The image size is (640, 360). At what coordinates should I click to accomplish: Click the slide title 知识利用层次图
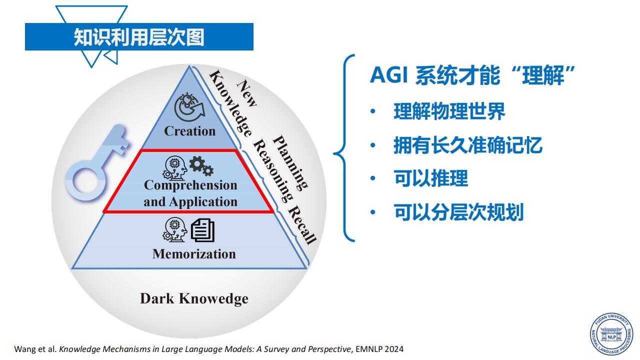click(x=139, y=37)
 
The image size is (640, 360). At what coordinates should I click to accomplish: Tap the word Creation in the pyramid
click(x=189, y=131)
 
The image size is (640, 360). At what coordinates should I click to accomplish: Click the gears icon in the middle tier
click(x=201, y=165)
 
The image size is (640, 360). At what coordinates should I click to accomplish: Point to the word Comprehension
click(x=190, y=185)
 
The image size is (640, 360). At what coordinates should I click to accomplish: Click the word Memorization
click(x=194, y=254)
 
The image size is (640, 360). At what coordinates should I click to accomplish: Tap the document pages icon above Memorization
click(x=202, y=230)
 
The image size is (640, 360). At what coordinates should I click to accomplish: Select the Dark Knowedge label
click(x=194, y=299)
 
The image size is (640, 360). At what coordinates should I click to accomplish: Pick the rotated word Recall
click(x=302, y=225)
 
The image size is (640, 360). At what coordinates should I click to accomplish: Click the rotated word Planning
click(x=290, y=162)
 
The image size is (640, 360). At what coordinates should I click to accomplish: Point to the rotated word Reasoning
click(x=273, y=171)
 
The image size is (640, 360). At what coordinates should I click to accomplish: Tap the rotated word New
click(x=247, y=93)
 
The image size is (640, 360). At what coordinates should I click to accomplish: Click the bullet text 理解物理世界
click(x=449, y=111)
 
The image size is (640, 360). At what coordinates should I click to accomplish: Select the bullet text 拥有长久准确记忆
click(x=468, y=145)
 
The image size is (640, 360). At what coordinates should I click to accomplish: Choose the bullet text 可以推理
click(x=431, y=178)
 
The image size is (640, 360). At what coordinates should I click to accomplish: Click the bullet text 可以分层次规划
click(x=458, y=212)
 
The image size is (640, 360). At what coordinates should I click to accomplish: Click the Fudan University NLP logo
click(x=611, y=334)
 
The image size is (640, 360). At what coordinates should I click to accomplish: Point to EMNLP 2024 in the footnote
click(x=379, y=349)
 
